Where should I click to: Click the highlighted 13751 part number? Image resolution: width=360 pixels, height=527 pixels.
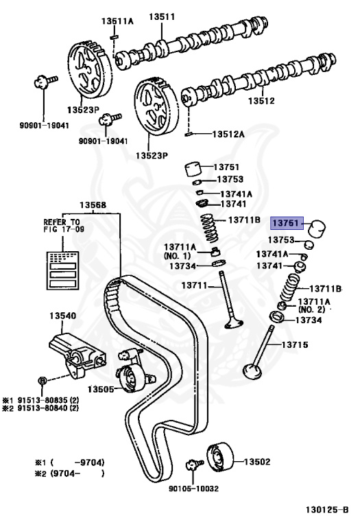[x=287, y=223]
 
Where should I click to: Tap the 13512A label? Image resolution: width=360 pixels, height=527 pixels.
[x=228, y=134]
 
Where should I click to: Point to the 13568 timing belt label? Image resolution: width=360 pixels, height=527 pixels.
[x=92, y=204]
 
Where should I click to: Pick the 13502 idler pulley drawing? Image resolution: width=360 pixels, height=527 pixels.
[x=219, y=456]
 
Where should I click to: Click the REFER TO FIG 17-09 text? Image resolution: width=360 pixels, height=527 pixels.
[x=62, y=226]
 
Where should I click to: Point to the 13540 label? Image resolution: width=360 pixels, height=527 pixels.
[x=62, y=316]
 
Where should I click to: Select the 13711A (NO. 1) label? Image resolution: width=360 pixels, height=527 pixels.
[x=179, y=251]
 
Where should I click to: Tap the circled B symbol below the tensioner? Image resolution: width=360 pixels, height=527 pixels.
[x=42, y=380]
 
